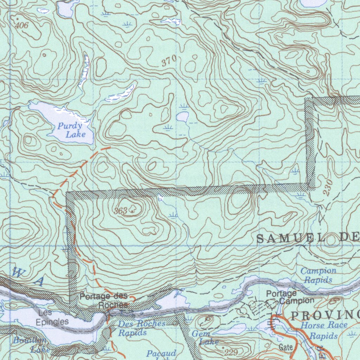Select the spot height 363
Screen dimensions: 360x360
pyautogui.click(x=121, y=211)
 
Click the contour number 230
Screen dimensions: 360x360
pyautogui.click(x=327, y=189)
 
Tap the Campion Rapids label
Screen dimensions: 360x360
pyautogui.click(x=318, y=275)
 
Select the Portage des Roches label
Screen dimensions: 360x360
pyautogui.click(x=104, y=300)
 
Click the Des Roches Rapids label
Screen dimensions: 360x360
pyautogui.click(x=141, y=327)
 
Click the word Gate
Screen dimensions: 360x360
pyautogui.click(x=286, y=347)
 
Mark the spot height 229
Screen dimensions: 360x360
pyautogui.click(x=231, y=352)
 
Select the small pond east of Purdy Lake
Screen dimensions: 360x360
pyautogui.click(x=182, y=116)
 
